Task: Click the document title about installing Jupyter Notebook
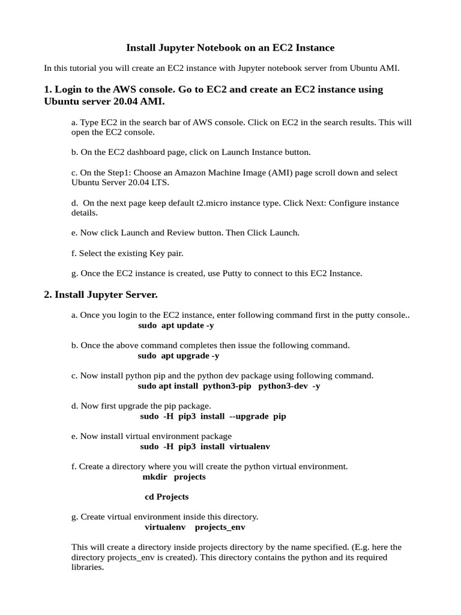point(230,47)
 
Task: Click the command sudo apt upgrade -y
point(178,356)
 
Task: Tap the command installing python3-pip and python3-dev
point(229,386)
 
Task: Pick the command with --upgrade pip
point(213,416)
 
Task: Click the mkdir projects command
point(173,477)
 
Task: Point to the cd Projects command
point(167,497)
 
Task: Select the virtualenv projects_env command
point(194,527)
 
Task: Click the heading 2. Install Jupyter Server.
point(101,294)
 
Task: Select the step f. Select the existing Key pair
point(127,253)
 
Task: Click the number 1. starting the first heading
point(48,89)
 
